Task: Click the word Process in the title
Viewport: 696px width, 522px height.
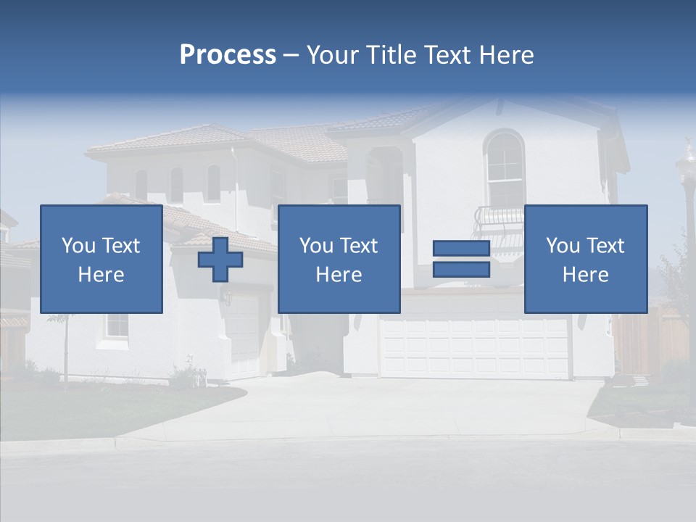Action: [228, 55]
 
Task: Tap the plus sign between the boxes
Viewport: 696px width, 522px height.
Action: [220, 260]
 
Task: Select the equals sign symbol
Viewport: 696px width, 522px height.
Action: [461, 259]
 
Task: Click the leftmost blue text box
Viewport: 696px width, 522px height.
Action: [101, 259]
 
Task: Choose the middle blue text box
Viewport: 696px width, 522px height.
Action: [339, 259]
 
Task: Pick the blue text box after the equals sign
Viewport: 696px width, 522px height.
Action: [586, 259]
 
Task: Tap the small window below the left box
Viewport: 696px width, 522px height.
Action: [116, 326]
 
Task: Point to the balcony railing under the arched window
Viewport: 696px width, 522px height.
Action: [499, 217]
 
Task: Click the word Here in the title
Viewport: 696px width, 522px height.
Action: [507, 55]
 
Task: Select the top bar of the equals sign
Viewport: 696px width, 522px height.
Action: [461, 249]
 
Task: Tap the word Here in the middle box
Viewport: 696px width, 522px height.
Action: [339, 274]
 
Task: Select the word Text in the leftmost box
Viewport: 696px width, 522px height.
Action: [121, 246]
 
